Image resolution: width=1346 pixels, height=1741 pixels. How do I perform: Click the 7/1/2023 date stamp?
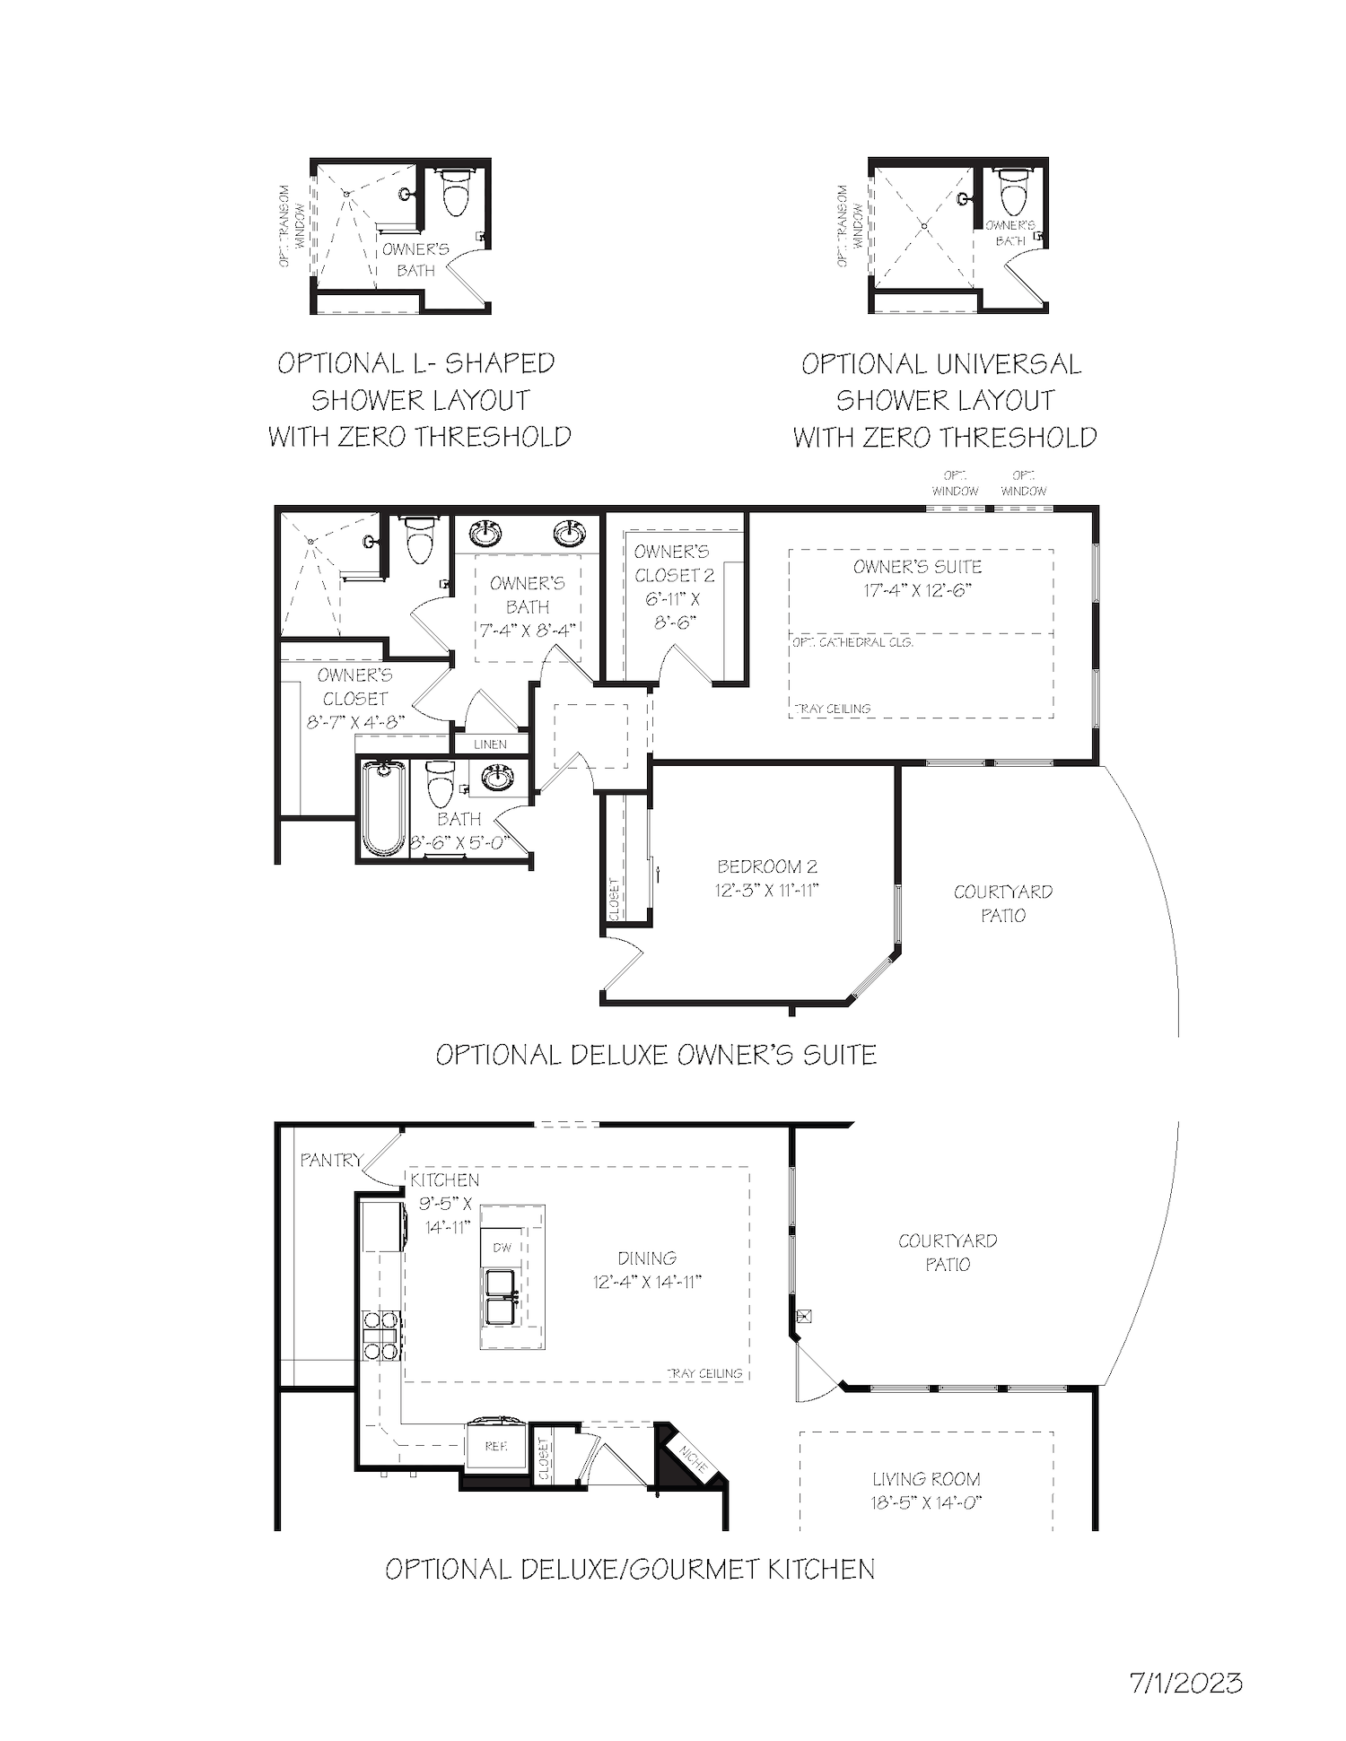[1185, 1683]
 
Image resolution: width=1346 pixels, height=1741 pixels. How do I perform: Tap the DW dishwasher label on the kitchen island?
[503, 1247]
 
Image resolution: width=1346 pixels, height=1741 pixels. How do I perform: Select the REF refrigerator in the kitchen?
[495, 1446]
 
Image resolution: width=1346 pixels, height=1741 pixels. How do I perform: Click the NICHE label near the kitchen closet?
[692, 1463]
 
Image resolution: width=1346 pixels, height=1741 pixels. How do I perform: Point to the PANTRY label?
[331, 1160]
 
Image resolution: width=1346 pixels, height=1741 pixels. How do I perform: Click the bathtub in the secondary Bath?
[383, 807]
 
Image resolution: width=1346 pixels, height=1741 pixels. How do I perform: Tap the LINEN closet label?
[490, 744]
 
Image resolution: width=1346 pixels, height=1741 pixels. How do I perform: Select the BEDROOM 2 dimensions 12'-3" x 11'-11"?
[767, 891]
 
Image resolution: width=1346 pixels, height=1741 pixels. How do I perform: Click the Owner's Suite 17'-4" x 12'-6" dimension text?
[917, 590]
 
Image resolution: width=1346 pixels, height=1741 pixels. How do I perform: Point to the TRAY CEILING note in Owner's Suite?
[832, 709]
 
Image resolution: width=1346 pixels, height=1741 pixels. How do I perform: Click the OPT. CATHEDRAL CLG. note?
[852, 642]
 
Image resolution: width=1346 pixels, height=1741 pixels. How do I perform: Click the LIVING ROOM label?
[926, 1479]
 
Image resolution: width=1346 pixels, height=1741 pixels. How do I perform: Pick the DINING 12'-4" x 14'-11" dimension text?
[647, 1282]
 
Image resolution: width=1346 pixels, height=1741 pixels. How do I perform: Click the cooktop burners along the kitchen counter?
[381, 1336]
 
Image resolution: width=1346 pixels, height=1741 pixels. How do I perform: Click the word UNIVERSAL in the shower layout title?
[1008, 364]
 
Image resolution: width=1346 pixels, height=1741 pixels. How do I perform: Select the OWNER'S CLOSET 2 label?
[673, 563]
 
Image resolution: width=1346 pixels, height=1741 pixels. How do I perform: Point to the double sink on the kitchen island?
[501, 1296]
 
